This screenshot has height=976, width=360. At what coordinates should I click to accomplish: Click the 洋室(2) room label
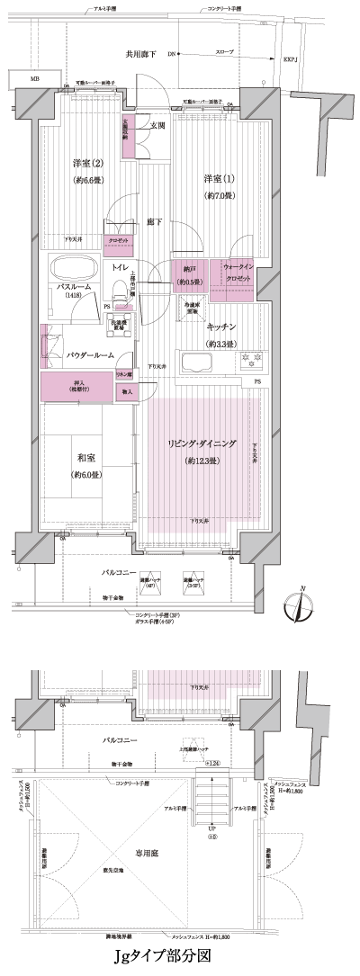tap(88, 163)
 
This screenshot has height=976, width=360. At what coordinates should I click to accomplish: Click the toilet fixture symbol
tap(117, 289)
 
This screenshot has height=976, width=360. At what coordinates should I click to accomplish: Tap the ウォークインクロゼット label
tap(238, 272)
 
